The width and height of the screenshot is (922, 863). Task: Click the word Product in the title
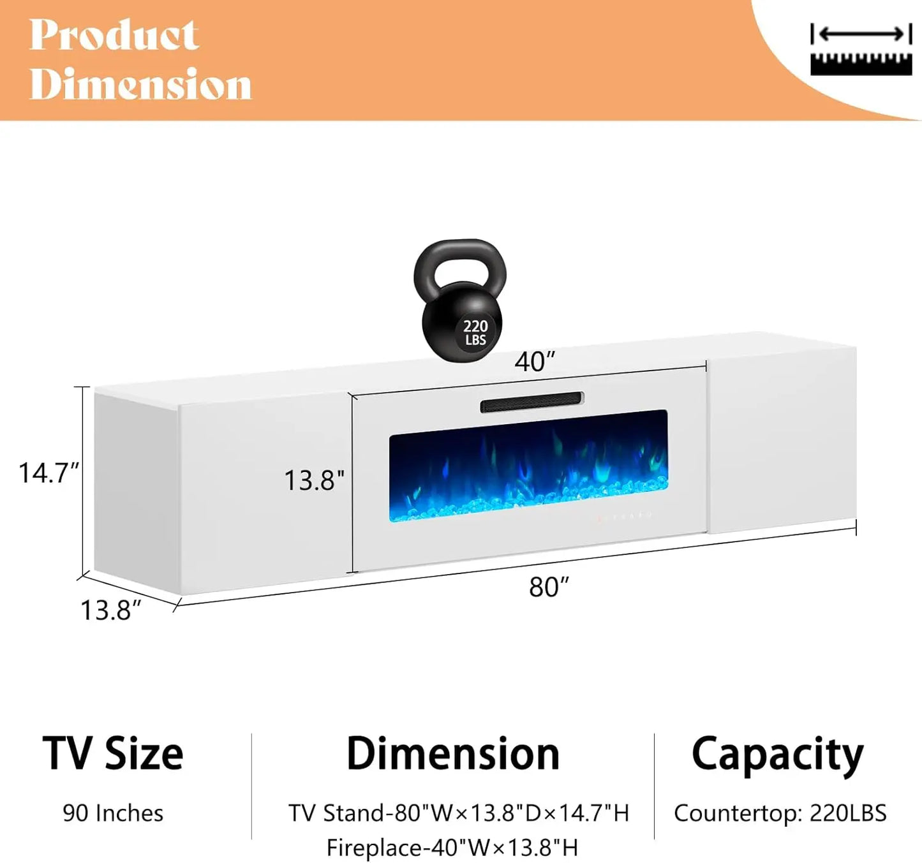point(114,35)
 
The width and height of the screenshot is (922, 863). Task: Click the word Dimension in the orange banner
point(140,84)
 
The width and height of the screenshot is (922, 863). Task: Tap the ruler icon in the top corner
point(861,50)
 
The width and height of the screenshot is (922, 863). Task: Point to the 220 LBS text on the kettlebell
point(475,332)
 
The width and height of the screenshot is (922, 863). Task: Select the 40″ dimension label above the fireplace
point(535,362)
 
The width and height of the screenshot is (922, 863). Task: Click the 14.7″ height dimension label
point(48,473)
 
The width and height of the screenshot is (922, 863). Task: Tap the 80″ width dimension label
point(549,587)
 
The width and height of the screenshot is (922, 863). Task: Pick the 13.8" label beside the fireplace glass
point(314,480)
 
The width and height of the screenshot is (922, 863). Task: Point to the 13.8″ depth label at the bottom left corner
point(110,610)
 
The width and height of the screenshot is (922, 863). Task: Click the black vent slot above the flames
point(532,402)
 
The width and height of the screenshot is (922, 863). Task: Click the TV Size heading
point(113,754)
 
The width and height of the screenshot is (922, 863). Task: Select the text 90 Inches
point(113,813)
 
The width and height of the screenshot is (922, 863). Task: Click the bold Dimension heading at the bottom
point(452,754)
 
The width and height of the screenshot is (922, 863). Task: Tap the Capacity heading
point(777,755)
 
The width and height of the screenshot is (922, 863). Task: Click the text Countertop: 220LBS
point(780,813)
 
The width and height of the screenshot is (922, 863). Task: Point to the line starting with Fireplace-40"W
point(452,848)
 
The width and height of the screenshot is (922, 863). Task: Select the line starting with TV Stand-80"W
point(459,813)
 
